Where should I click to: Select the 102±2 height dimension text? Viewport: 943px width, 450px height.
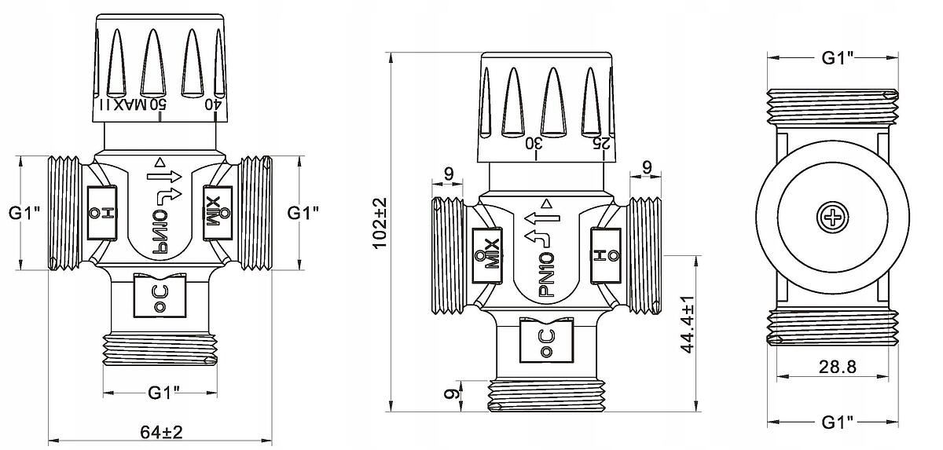[381, 223]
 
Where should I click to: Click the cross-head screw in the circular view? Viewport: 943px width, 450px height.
[831, 217]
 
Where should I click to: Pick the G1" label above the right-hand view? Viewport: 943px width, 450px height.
[838, 57]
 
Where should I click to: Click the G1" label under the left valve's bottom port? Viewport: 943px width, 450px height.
[166, 393]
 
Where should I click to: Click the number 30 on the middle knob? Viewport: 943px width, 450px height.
[534, 143]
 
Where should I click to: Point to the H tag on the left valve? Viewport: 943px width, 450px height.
[99, 210]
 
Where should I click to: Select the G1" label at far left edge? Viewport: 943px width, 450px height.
[24, 212]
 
